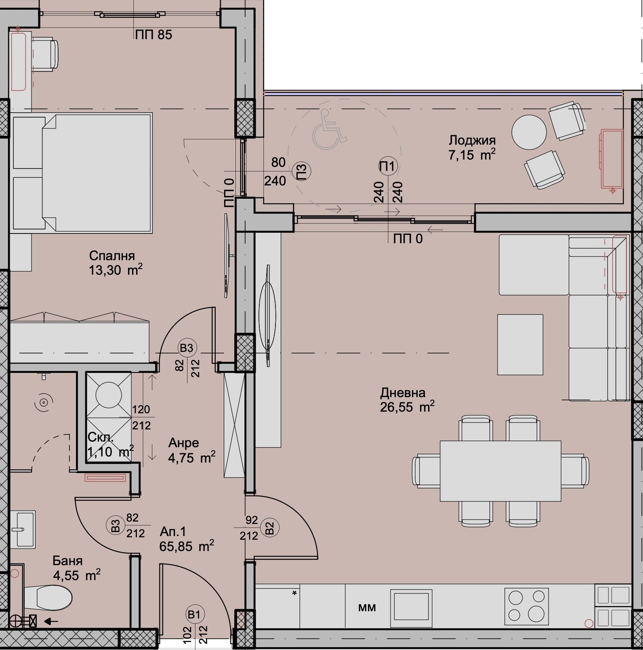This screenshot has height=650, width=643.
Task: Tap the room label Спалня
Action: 112,256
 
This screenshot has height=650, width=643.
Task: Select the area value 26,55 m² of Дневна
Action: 407,406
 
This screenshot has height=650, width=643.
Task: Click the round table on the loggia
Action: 529,132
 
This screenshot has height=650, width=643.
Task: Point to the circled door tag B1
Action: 194,615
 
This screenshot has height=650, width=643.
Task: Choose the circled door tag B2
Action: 270,528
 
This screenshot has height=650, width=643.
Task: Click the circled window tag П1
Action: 388,166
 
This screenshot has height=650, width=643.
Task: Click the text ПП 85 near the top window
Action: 153,35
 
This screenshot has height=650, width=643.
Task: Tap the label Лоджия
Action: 472,140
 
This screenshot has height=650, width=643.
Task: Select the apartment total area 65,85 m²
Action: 187,546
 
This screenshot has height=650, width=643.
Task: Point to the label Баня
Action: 67,561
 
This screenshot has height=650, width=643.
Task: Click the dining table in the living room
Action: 500,471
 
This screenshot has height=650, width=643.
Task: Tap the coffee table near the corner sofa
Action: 520,345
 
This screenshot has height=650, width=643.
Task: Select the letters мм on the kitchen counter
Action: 367,608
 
